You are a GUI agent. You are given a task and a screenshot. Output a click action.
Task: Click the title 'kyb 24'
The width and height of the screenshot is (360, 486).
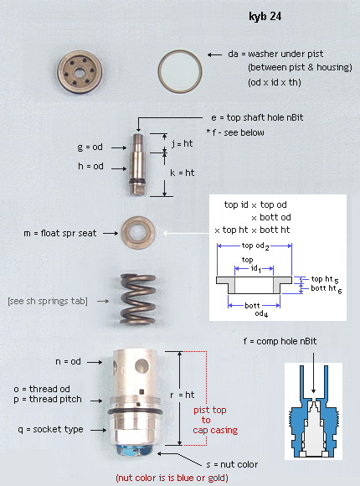265,17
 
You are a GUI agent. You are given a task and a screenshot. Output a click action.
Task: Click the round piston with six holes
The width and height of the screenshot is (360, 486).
80,72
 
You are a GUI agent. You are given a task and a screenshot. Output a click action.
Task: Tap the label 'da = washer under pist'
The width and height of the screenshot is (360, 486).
275,54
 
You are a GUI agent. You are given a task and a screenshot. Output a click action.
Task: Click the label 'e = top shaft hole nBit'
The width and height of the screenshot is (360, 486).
257,118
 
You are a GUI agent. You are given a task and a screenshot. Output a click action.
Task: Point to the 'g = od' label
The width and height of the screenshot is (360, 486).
90,147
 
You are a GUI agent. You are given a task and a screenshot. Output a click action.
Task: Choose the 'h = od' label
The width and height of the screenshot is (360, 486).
90,166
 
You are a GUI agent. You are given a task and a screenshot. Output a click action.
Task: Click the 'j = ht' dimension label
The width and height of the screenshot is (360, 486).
183,143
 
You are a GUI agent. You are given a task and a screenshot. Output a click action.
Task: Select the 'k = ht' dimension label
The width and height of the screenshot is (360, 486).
183,173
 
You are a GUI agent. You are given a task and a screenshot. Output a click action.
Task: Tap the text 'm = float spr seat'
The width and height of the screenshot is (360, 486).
60,233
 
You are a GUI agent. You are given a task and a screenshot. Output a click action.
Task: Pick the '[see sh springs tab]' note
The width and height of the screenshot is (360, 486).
48,301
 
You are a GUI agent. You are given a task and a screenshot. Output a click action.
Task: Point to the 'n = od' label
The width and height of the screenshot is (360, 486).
68,361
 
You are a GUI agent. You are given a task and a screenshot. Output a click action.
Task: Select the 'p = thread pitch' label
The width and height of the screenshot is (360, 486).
48,399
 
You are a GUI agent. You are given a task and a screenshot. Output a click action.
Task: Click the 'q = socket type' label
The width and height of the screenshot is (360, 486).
50,429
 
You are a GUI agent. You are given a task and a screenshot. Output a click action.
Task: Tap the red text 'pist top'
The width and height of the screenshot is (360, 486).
210,410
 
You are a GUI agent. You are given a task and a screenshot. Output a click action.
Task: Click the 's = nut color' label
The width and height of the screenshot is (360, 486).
232,464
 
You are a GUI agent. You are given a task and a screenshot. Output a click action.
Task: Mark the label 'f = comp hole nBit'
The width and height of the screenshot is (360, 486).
280,341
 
